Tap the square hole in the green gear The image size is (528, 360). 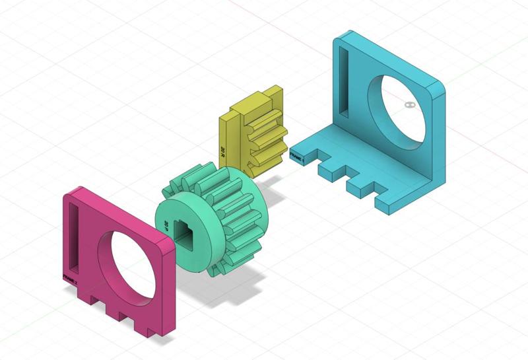[x=187, y=231]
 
